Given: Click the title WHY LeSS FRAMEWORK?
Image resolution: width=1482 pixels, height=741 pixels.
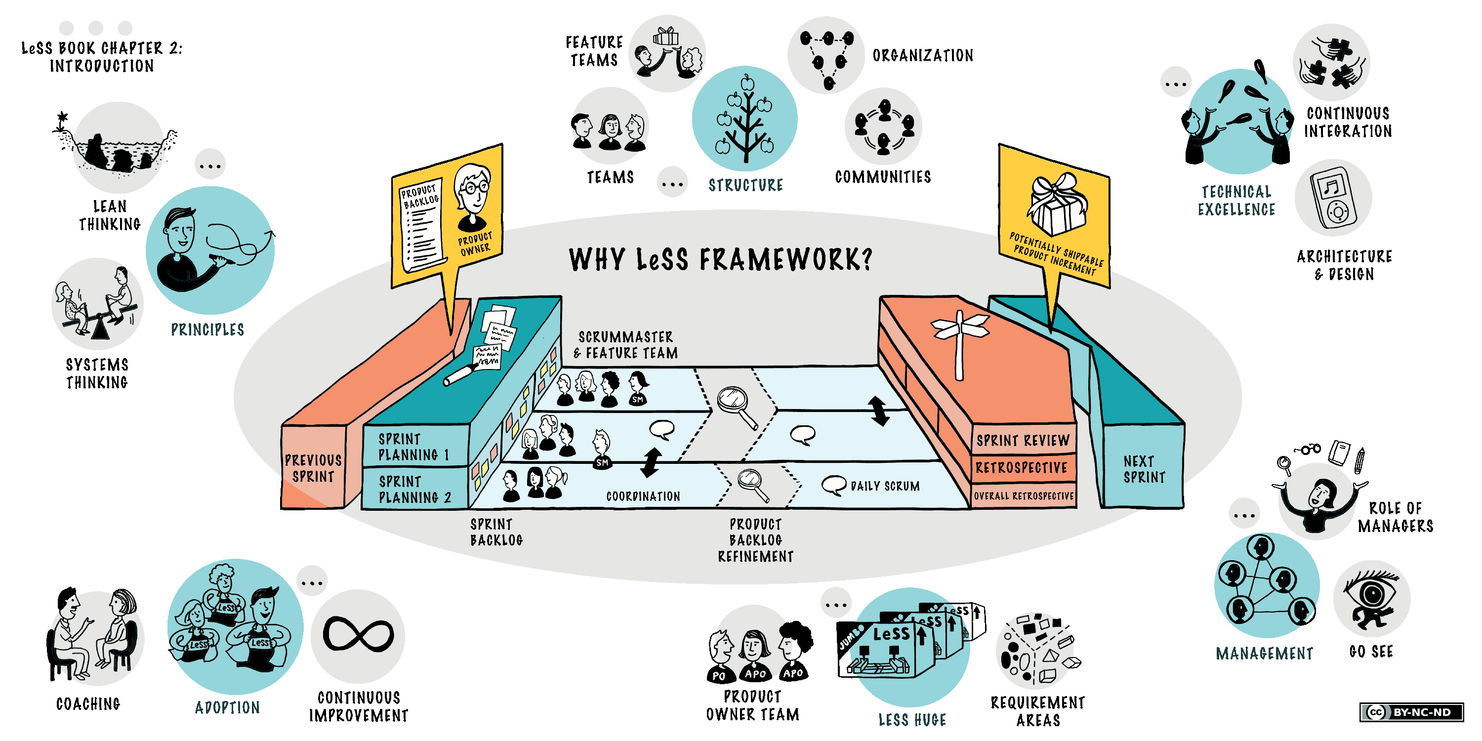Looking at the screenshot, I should (x=720, y=259).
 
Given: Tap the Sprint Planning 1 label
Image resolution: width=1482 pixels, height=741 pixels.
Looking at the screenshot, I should (x=413, y=447).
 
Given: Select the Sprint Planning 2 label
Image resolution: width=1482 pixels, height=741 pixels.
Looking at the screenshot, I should (x=414, y=490).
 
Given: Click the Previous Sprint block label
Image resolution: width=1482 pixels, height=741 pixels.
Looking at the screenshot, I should (x=313, y=468).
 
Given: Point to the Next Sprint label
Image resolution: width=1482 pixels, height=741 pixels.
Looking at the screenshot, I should (x=1144, y=469).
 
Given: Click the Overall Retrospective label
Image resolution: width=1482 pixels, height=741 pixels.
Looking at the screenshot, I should (x=1024, y=496).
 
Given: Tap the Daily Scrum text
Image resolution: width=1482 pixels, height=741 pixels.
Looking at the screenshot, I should (x=885, y=486).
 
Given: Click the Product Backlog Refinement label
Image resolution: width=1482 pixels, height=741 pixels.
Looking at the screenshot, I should (x=755, y=540).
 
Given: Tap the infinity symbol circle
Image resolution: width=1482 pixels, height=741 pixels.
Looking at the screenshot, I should (x=358, y=636).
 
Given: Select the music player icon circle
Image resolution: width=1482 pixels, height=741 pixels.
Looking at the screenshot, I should (x=1333, y=197).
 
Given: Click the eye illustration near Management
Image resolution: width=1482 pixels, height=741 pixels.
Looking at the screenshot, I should (x=1371, y=598).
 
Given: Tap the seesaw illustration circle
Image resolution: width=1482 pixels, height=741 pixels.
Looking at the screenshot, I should (x=97, y=304).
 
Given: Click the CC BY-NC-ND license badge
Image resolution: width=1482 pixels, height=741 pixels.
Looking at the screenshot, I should (x=1412, y=712).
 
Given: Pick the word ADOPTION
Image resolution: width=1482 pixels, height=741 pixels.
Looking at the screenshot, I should (x=227, y=707).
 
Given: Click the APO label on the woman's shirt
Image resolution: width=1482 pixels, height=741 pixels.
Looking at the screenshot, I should (x=755, y=673).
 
